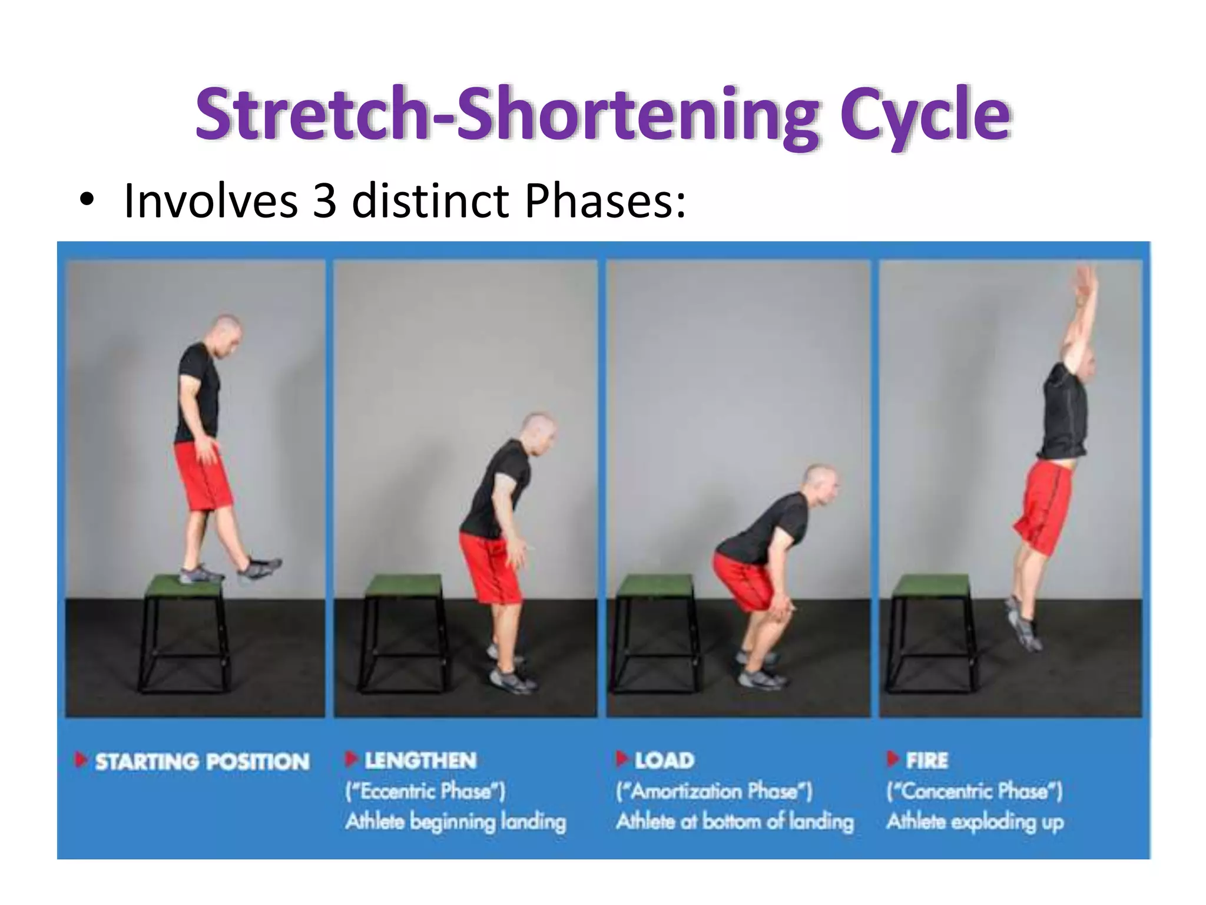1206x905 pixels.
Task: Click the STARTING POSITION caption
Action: click(x=202, y=762)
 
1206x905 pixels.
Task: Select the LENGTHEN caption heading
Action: click(x=420, y=761)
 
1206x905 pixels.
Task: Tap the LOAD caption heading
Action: click(x=664, y=761)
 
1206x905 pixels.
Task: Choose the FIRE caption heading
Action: click(x=927, y=761)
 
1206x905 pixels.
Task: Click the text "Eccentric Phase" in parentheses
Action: click(x=425, y=791)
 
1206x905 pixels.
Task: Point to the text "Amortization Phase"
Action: click(x=714, y=791)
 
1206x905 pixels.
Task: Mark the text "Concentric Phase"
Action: click(x=974, y=791)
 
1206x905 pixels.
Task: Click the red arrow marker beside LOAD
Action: click(x=621, y=759)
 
